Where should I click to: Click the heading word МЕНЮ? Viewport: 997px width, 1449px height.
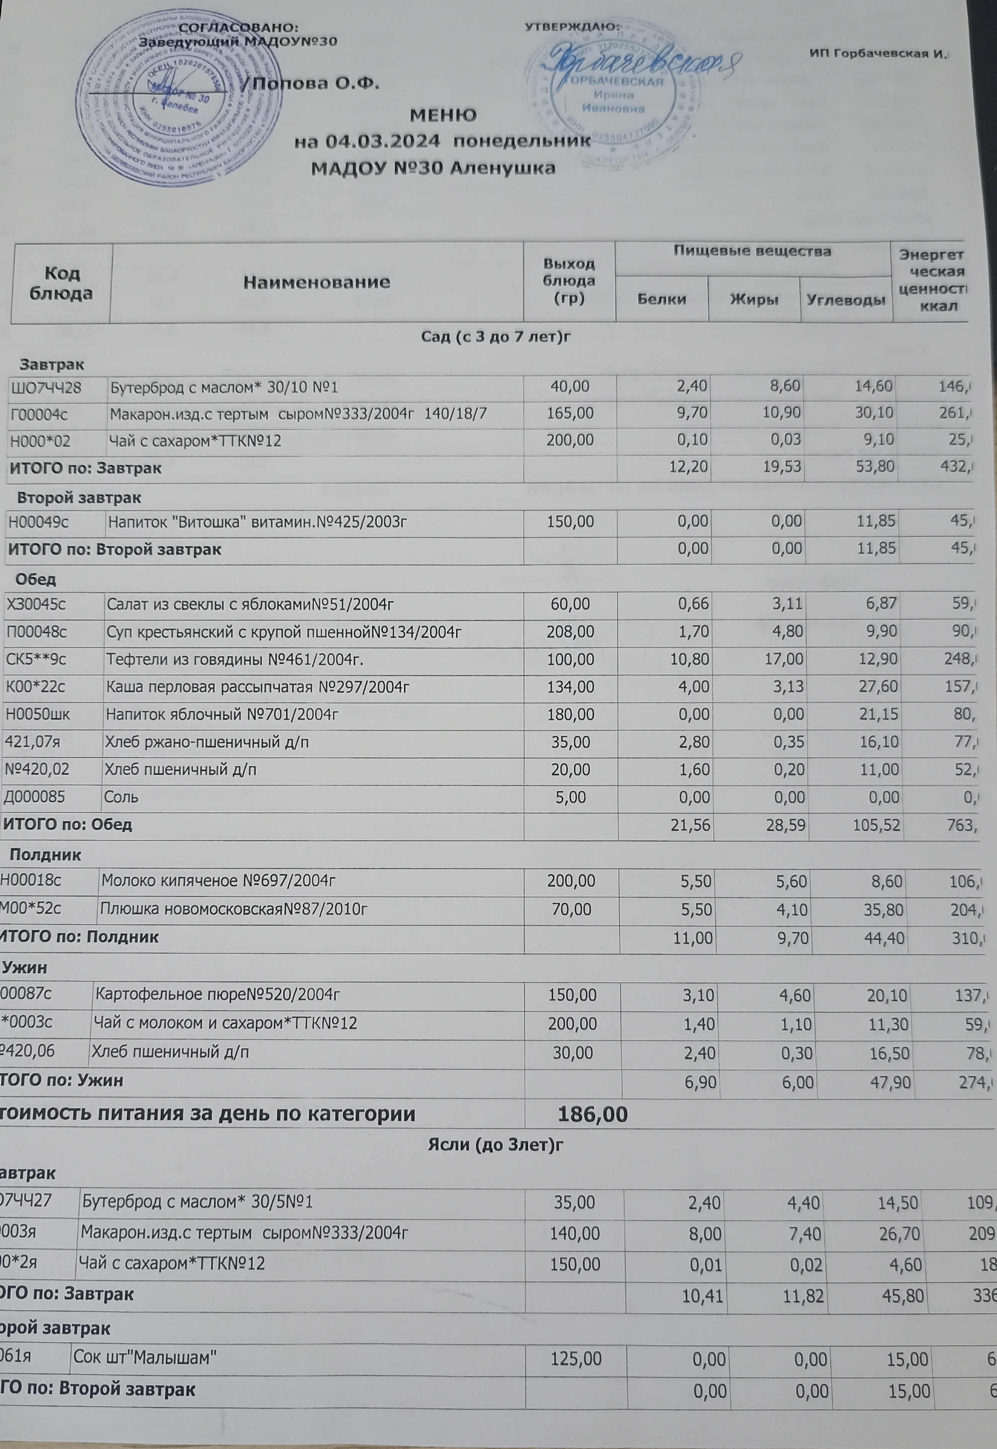coord(443,116)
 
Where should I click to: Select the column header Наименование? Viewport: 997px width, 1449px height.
coord(316,282)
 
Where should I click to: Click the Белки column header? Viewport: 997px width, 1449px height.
coord(662,299)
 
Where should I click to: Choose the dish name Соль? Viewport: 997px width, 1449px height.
coord(122,797)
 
